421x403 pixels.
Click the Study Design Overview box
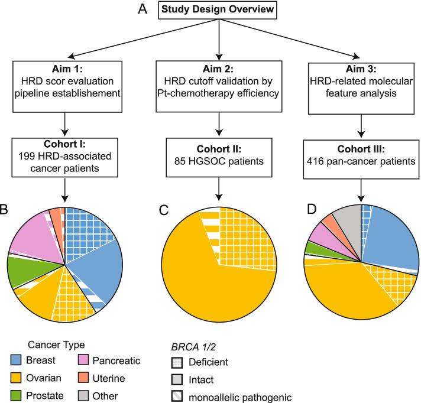coord(219,10)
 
